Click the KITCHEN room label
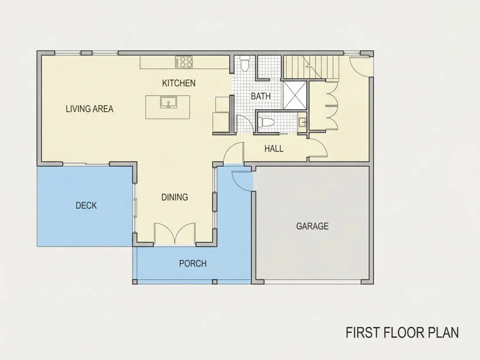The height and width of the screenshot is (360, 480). pyautogui.click(x=179, y=83)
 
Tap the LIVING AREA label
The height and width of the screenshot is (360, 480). pyautogui.click(x=89, y=109)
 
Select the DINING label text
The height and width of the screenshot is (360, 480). pyautogui.click(x=175, y=197)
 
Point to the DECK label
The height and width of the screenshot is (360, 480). pyautogui.click(x=86, y=206)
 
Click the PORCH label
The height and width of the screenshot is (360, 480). pyautogui.click(x=193, y=264)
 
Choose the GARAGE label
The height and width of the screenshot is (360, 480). pyautogui.click(x=312, y=226)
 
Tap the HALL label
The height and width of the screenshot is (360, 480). pyautogui.click(x=274, y=149)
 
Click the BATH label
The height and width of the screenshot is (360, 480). pyautogui.click(x=261, y=96)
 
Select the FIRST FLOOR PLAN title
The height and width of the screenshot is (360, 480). pyautogui.click(x=402, y=333)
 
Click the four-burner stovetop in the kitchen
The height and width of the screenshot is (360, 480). pyautogui.click(x=184, y=62)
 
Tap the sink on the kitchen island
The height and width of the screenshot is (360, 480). pyautogui.click(x=168, y=103)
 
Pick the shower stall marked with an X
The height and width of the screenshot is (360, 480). pyautogui.click(x=295, y=95)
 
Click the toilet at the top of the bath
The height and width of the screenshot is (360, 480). pyautogui.click(x=245, y=63)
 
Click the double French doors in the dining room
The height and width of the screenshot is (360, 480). pyautogui.click(x=175, y=234)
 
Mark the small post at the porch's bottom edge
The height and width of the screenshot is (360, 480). pyautogui.click(x=215, y=281)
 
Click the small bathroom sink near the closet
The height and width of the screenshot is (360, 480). pyautogui.click(x=302, y=123)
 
